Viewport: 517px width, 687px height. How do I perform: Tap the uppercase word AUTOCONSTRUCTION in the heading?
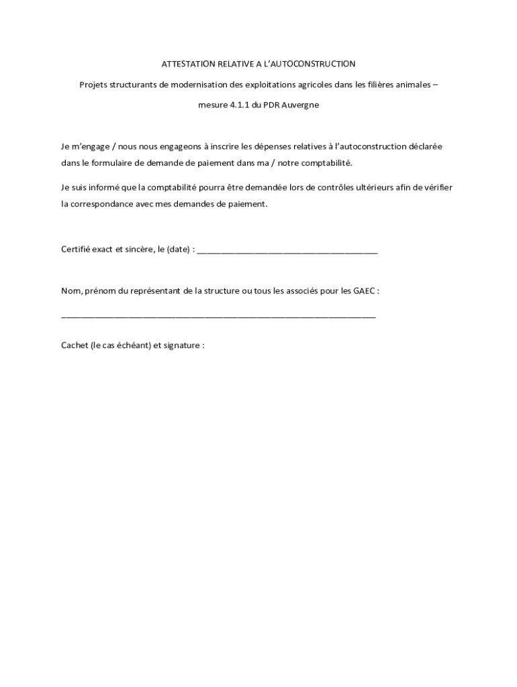pyautogui.click(x=318, y=64)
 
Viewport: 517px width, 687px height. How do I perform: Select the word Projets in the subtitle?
pyautogui.click(x=93, y=85)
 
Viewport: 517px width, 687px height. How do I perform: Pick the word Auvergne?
pyautogui.click(x=297, y=105)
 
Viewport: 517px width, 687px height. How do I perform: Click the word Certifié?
pyautogui.click(x=77, y=250)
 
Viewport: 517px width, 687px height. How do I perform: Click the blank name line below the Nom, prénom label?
pyautogui.click(x=218, y=315)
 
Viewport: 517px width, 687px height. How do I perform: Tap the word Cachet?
pyautogui.click(x=75, y=346)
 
